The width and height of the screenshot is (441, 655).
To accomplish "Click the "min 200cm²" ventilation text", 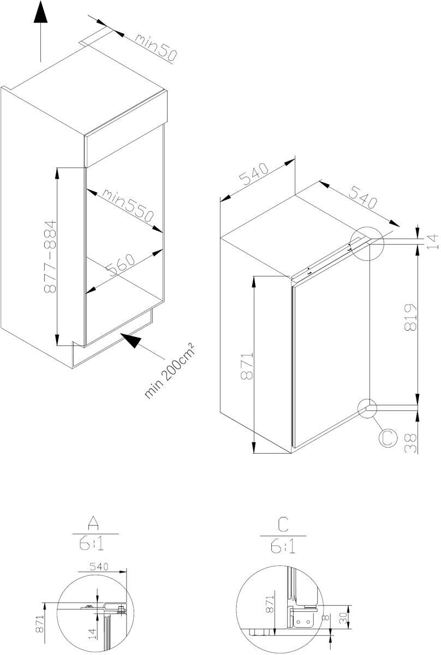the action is [170, 370].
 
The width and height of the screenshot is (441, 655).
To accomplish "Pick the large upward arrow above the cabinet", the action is [40, 31].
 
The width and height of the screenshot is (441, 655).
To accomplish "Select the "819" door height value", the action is [410, 317].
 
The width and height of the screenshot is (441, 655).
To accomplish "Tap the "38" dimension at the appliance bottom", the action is [410, 443].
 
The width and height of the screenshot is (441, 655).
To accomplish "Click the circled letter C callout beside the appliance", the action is [388, 437].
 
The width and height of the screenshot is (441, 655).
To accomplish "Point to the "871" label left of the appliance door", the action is [247, 366].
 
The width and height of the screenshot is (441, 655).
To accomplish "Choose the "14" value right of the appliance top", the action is [433, 241].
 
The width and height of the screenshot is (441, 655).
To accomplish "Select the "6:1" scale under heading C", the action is [283, 546].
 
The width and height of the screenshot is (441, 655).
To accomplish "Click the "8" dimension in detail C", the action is [326, 617].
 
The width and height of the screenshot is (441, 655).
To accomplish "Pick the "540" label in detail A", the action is [99, 567].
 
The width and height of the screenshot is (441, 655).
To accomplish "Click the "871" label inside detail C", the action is [270, 604].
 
